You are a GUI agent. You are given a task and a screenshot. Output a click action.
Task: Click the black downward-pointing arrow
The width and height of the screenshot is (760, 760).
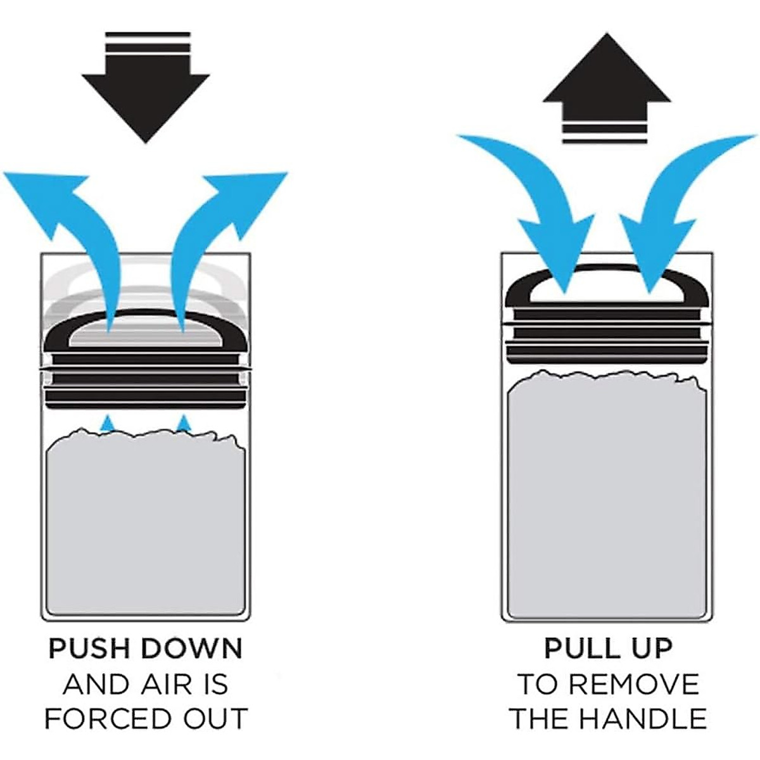click(x=146, y=95)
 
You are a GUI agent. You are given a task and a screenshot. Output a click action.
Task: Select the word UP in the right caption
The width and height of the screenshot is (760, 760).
click(x=650, y=649)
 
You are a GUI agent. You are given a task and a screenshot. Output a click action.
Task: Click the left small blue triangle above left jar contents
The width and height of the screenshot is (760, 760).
click(x=109, y=423)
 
